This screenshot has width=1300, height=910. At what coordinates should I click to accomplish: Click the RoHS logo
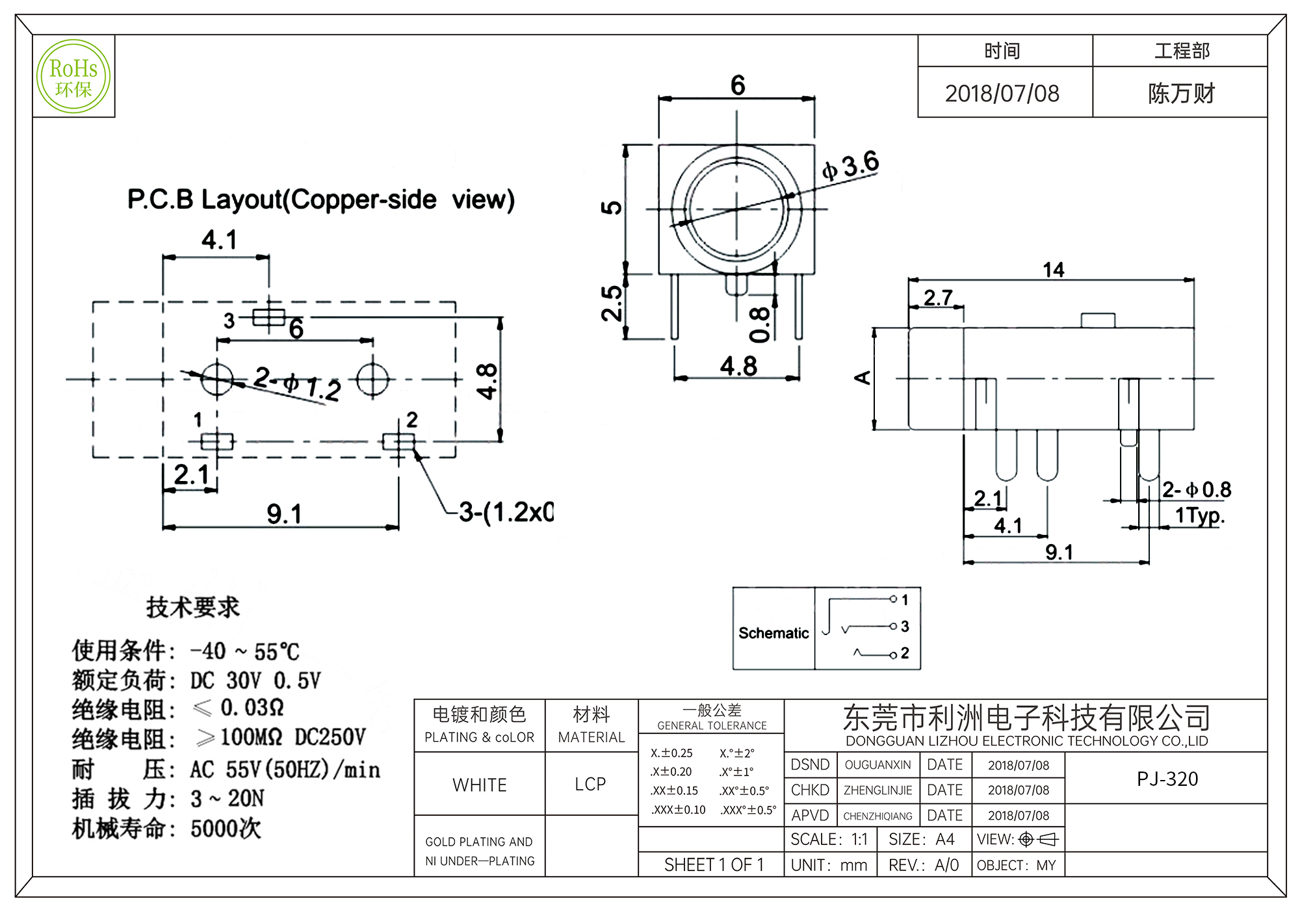coord(73,77)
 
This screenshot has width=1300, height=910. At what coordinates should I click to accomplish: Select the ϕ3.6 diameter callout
coord(850,165)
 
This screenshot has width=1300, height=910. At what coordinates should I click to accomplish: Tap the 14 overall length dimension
coord(1053,270)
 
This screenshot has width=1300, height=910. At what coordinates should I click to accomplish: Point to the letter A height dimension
coord(863,378)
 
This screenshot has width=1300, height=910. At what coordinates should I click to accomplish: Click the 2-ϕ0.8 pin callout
coord(1196,489)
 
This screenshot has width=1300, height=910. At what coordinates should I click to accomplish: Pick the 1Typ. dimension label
coord(1199,515)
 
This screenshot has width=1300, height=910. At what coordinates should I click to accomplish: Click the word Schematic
coord(773,633)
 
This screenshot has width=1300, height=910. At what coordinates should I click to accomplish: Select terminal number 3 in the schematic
coord(905,627)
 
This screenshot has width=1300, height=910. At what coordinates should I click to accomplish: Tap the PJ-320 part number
coord(1167,779)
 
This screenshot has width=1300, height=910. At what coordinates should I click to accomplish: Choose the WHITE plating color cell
coord(480,785)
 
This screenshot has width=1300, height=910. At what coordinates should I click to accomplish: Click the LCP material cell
coord(590,785)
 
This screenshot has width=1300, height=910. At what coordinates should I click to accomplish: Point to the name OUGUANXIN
coord(877,765)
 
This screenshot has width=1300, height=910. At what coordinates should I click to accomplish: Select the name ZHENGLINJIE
coord(877,790)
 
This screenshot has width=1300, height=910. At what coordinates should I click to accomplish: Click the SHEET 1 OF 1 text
coord(714,865)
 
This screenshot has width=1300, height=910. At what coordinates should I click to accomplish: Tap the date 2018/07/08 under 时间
coord(1002,94)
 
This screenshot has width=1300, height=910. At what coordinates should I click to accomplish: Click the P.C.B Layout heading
coord(320,200)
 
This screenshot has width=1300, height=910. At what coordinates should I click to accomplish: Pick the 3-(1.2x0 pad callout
coord(506,512)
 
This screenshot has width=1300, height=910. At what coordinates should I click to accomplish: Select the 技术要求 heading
coord(192,607)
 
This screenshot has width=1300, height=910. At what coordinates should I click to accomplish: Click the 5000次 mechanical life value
coord(226,829)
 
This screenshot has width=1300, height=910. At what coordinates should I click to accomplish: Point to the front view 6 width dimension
coord(737,85)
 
